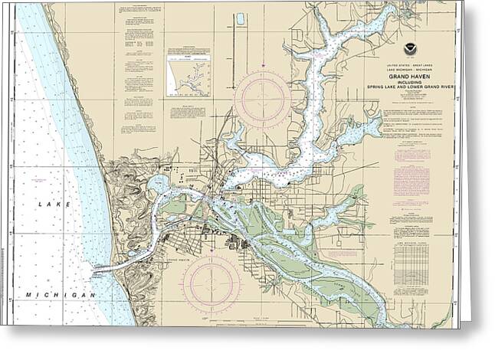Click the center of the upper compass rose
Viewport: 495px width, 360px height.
click(x=263, y=100)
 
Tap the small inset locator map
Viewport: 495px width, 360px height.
click(x=188, y=74)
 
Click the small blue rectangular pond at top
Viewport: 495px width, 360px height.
click(x=240, y=18)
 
